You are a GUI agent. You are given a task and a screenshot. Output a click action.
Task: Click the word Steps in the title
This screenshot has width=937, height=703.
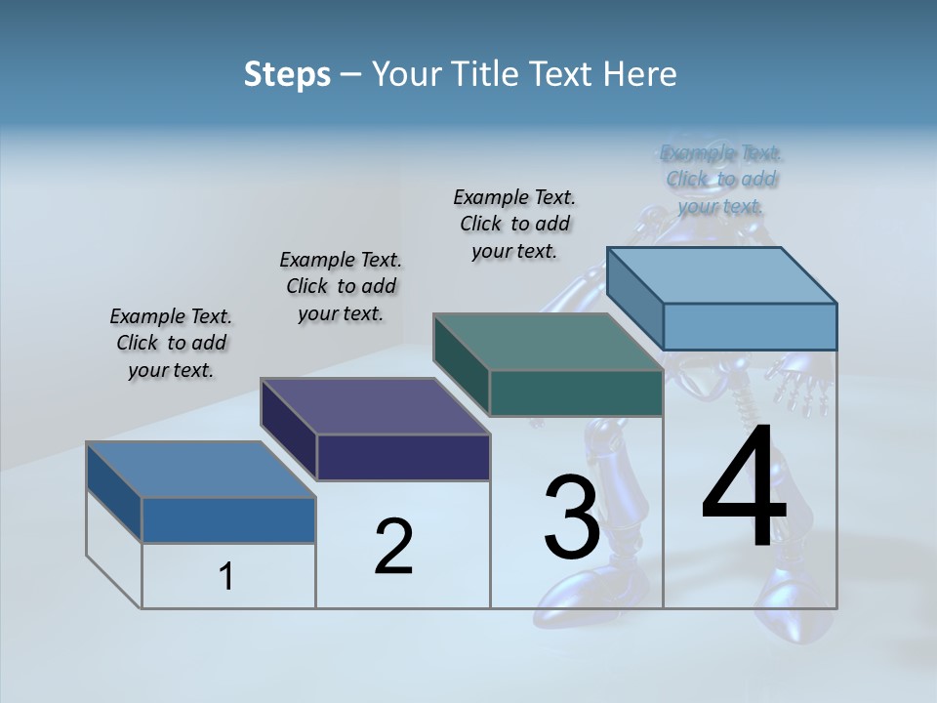pyautogui.click(x=287, y=74)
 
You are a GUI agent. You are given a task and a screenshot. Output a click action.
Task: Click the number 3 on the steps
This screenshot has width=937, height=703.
pyautogui.click(x=572, y=517)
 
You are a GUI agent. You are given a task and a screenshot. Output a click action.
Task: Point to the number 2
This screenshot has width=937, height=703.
pyautogui.click(x=393, y=547)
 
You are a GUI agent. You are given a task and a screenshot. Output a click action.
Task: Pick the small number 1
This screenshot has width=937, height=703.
pyautogui.click(x=226, y=577)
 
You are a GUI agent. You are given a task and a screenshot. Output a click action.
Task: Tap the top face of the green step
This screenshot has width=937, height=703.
pyautogui.click(x=549, y=342)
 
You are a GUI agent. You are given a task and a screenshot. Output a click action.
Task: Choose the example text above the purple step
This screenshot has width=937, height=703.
pyautogui.click(x=341, y=286)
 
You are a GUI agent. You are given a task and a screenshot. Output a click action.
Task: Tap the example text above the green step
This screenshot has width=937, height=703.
pyautogui.click(x=514, y=225)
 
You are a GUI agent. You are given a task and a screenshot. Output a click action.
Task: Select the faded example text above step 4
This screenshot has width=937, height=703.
pyautogui.click(x=721, y=180)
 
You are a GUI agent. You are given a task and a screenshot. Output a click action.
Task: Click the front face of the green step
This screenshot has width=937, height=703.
pyautogui.click(x=576, y=393)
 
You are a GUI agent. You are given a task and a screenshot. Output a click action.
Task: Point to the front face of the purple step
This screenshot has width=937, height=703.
pyautogui.click(x=403, y=457)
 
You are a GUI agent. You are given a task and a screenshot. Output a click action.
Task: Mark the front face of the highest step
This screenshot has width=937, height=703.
pyautogui.click(x=750, y=326)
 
